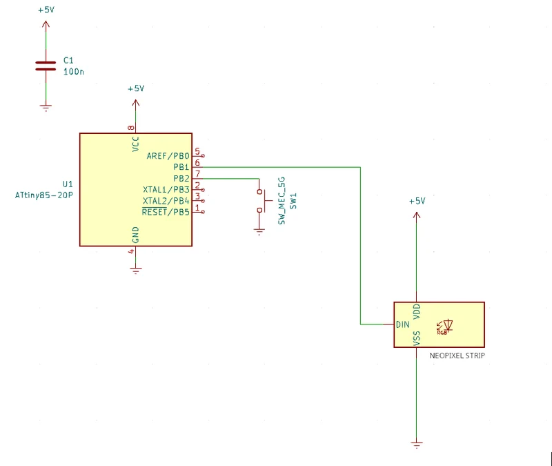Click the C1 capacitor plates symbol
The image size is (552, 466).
point(46,66)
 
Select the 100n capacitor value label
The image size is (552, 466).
point(74,72)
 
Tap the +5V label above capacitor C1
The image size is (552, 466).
point(46,10)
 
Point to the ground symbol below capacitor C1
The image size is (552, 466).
point(46,108)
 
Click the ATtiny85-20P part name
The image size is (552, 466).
point(44,195)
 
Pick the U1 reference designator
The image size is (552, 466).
point(68,184)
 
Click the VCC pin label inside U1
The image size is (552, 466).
point(135,144)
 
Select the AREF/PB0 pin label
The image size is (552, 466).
point(168,156)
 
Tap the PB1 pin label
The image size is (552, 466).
point(181,167)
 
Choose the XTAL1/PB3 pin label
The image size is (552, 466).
point(166,189)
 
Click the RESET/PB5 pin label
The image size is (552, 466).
point(166,212)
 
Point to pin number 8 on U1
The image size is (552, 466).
point(131,128)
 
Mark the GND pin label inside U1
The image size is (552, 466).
point(135,235)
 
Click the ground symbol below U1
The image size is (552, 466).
point(135,271)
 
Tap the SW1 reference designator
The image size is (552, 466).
point(293,201)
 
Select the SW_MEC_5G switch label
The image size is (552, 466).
point(282,201)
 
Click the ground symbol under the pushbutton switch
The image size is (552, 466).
point(259,232)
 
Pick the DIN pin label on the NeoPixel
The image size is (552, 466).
point(403,324)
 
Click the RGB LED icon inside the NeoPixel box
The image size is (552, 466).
point(444,327)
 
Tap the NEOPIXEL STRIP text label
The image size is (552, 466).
point(457,356)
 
